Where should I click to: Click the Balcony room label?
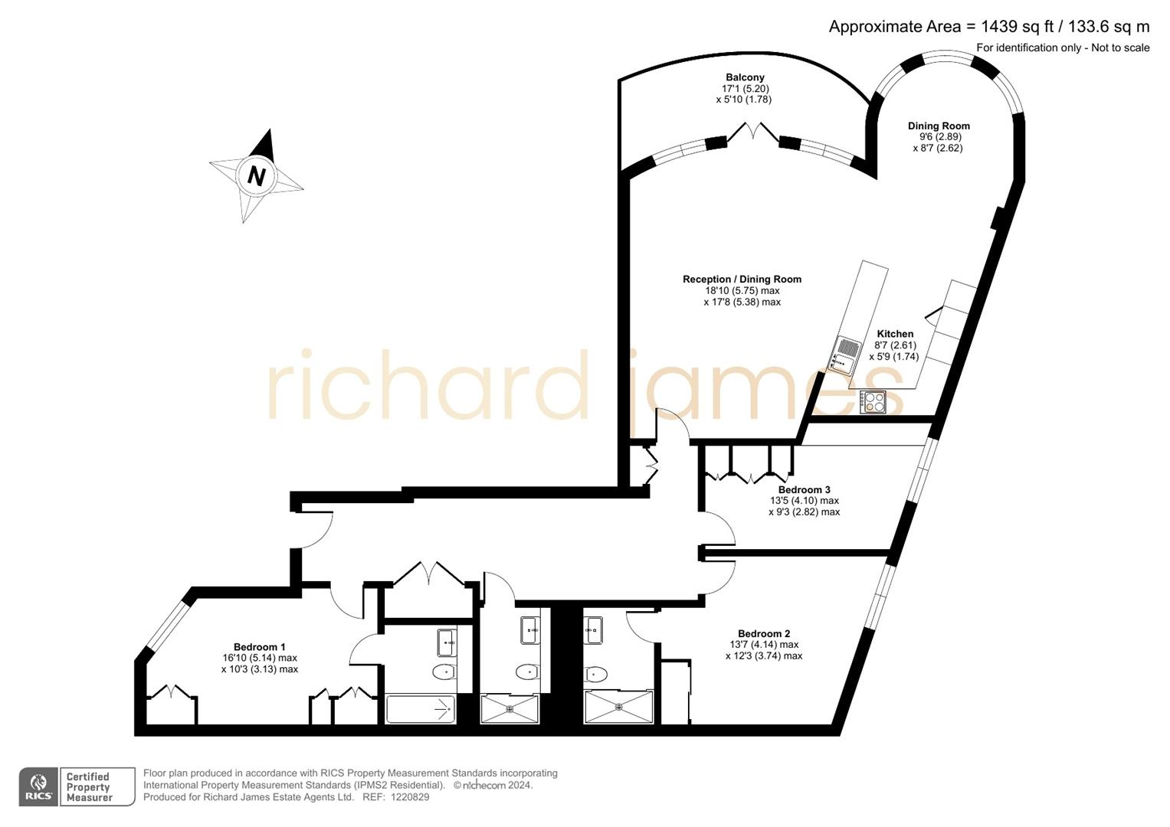pyautogui.click(x=745, y=77)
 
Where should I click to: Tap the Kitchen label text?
pyautogui.click(x=895, y=334)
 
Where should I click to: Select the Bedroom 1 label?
pyautogui.click(x=259, y=647)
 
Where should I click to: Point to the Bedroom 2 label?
pyautogui.click(x=763, y=633)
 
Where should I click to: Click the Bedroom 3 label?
pyautogui.click(x=804, y=489)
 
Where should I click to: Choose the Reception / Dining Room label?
pyautogui.click(x=742, y=279)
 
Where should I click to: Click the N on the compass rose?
pyautogui.click(x=256, y=176)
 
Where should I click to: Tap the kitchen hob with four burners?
pyautogui.click(x=873, y=401)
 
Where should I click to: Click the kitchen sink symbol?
pyautogui.click(x=844, y=354)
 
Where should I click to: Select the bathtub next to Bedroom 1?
pyautogui.click(x=420, y=709)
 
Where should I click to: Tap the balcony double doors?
pyautogui.click(x=752, y=132)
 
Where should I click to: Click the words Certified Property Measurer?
pyautogui.click(x=89, y=787)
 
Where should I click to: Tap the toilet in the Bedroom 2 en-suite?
pyautogui.click(x=595, y=674)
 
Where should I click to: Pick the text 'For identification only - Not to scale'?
pyautogui.click(x=1062, y=48)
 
